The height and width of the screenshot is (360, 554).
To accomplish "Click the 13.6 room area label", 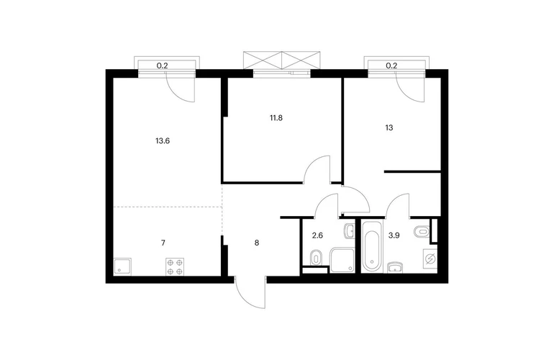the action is coord(163,141).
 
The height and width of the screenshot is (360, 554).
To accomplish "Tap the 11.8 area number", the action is coord(276,118).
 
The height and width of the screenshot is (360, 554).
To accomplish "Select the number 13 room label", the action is coord(389,127).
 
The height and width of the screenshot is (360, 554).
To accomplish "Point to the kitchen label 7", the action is coord(163,243).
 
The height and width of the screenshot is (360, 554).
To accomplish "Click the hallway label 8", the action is coord(257,243).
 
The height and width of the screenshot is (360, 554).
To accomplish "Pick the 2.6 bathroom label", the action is coord(317,235).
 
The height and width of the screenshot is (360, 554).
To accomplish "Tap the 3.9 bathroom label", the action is coord(394,235).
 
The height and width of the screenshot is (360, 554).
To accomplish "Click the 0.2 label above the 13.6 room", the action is coord(162,66).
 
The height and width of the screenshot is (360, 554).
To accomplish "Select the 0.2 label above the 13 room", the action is coord(391,66).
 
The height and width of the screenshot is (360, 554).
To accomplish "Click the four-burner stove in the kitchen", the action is coord(176,266).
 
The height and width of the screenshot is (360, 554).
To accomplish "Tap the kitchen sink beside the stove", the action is coord(122,266).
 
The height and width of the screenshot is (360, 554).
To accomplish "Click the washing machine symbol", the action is coord(430,260).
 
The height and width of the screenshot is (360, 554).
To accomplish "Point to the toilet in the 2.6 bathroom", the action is coord(316,258).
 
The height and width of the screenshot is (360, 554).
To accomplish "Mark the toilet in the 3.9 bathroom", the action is coord(421,232).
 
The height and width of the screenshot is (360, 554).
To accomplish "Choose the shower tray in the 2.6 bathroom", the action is coord(342,260).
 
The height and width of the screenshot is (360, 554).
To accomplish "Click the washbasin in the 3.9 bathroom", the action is coord(397,268).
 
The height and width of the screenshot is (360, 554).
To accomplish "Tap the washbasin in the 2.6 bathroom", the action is coord(349,231).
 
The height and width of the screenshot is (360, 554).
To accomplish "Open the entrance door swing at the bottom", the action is coord(249,293).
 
